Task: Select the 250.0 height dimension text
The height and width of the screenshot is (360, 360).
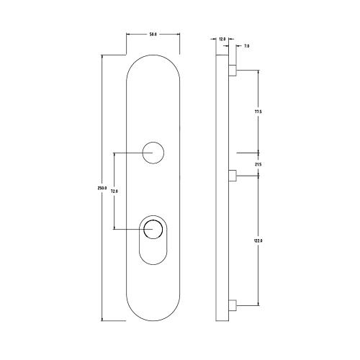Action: click(102, 189)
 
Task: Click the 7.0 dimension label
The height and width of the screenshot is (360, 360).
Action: click(246, 45)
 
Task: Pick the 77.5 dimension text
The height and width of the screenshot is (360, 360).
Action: click(258, 112)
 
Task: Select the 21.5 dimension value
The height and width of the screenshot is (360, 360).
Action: click(258, 165)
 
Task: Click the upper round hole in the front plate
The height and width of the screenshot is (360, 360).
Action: click(153, 153)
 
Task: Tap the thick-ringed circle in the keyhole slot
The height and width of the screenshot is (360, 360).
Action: click(153, 230)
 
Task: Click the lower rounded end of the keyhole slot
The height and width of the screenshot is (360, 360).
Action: click(153, 259)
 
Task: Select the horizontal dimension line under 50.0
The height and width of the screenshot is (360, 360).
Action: click(153, 39)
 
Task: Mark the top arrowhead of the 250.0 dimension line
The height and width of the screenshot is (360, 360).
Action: click(102, 58)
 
